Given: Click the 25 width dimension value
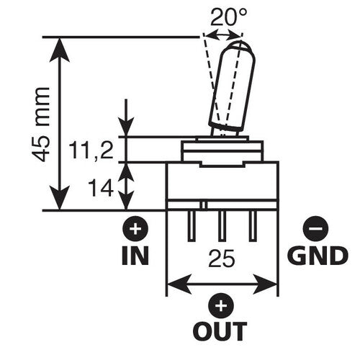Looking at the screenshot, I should click(x=222, y=258).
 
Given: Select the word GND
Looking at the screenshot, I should click(x=317, y=255).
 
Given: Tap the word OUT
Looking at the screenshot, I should click(x=220, y=332).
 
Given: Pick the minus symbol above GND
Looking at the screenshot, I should click(x=315, y=230).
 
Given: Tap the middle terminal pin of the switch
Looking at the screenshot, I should click(x=222, y=227).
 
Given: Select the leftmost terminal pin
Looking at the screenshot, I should click(x=190, y=227).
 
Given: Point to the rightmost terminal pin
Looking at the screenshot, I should click(x=253, y=227).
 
